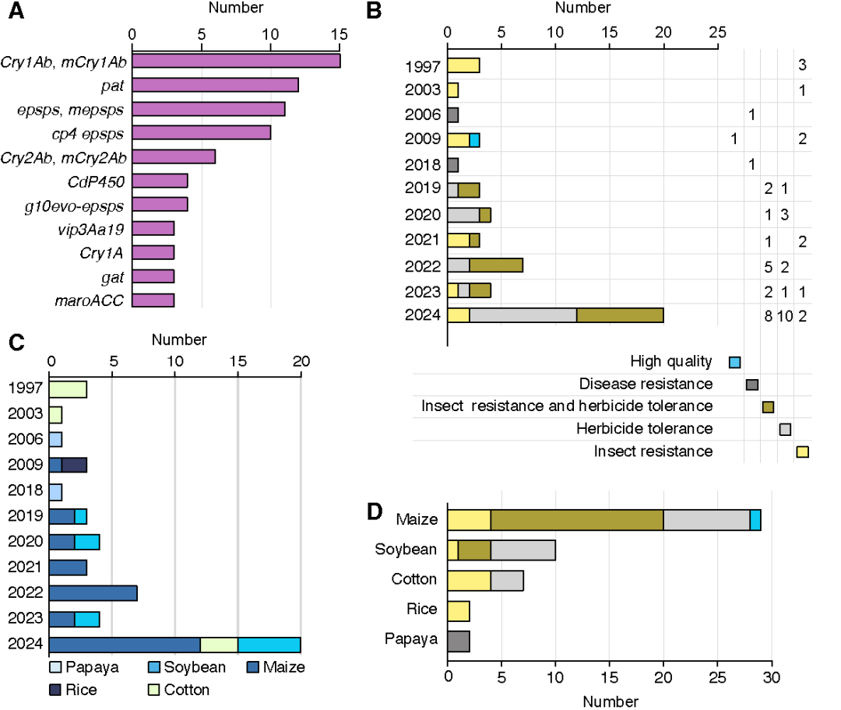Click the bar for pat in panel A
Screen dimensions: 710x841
point(215,85)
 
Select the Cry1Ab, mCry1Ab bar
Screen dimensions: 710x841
point(236,61)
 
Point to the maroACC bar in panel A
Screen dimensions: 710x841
point(153,300)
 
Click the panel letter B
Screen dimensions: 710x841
point(374,10)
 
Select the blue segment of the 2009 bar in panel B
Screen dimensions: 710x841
point(474,139)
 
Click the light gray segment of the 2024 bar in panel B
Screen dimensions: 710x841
point(523,315)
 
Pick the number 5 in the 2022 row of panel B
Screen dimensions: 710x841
point(768,265)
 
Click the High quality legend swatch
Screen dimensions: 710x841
point(734,362)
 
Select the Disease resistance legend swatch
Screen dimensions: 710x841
point(751,385)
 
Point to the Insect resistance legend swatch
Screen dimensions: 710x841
point(802,452)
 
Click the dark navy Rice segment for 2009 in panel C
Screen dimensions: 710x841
point(74,465)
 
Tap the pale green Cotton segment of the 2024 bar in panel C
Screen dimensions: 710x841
point(219,645)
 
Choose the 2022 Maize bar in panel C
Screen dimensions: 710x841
point(93,593)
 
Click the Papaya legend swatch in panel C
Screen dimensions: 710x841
point(55,667)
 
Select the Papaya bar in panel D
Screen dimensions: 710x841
point(459,640)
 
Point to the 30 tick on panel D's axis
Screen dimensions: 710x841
point(771,681)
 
